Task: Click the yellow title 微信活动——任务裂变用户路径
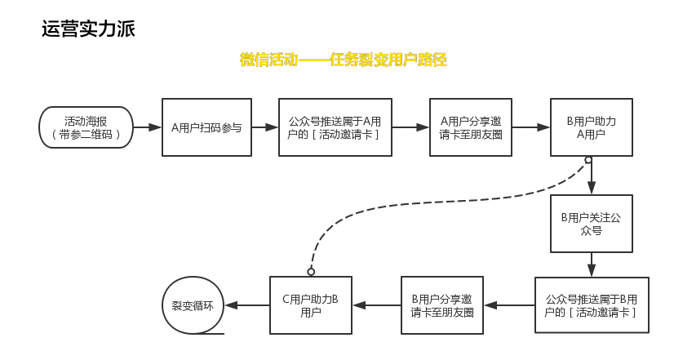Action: click(x=343, y=60)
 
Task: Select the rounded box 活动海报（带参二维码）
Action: click(x=86, y=127)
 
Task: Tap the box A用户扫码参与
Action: click(x=206, y=127)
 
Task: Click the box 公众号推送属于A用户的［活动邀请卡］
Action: click(x=335, y=127)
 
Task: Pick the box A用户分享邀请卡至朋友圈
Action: click(x=471, y=127)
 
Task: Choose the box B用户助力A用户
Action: click(x=591, y=127)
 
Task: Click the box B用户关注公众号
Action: click(x=591, y=224)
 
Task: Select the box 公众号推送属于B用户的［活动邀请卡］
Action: click(x=591, y=305)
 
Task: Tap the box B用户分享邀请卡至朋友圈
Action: click(x=441, y=305)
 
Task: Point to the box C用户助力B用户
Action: click(x=310, y=305)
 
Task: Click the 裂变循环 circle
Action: click(x=193, y=305)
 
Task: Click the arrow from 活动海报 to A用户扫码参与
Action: click(x=147, y=127)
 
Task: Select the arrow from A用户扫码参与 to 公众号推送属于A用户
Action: click(x=264, y=127)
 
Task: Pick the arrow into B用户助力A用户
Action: click(x=531, y=127)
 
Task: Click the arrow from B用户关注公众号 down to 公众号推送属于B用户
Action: click(x=591, y=264)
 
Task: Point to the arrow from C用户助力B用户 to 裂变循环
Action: click(x=246, y=305)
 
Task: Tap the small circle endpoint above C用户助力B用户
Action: click(x=311, y=271)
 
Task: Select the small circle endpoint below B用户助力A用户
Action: click(x=588, y=160)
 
